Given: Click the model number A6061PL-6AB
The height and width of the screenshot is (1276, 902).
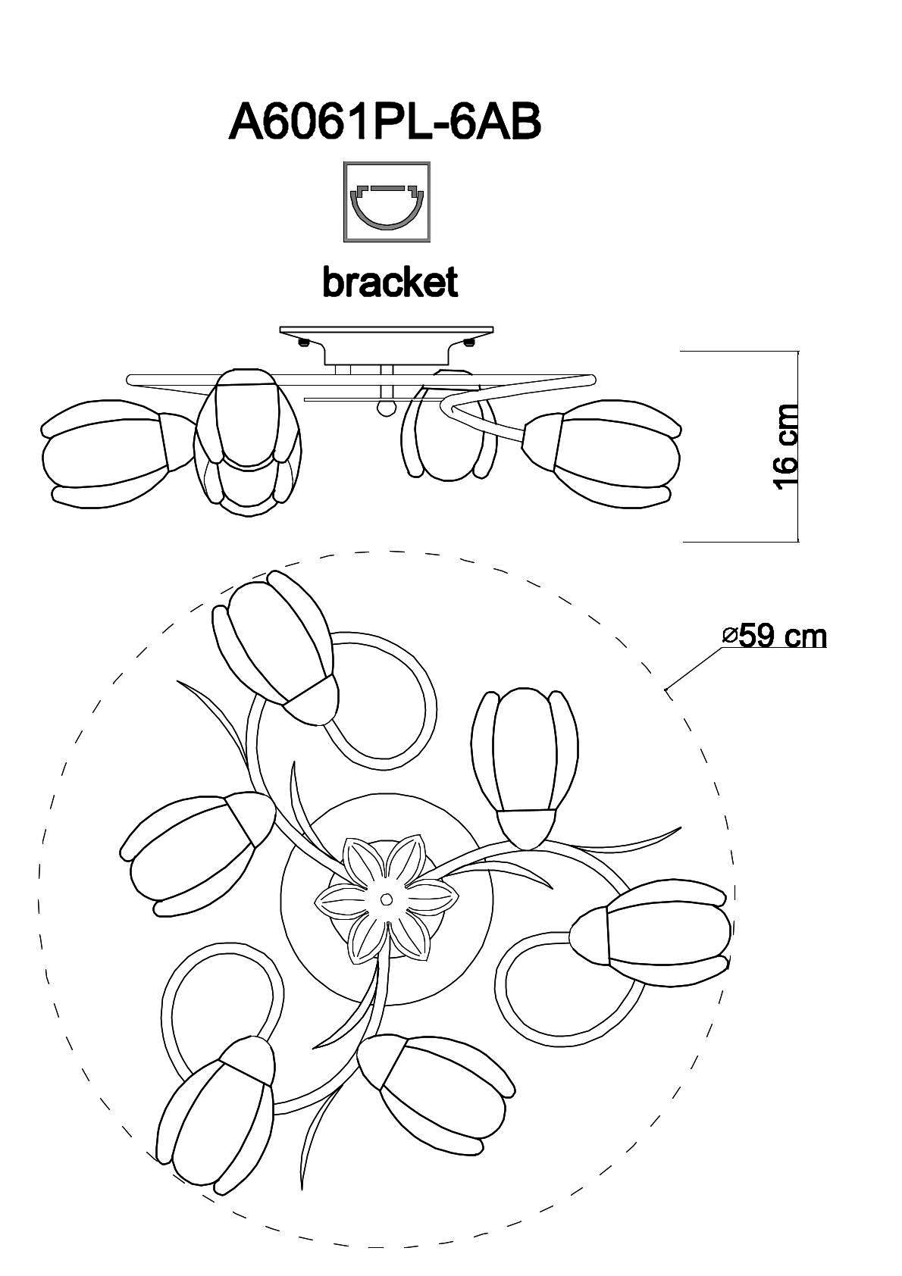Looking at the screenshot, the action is (x=384, y=123).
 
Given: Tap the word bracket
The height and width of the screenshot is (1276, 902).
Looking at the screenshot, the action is (x=390, y=282).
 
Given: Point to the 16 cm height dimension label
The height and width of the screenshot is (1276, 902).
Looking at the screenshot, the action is (x=785, y=447).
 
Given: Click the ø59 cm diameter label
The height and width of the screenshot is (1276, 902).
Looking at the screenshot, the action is (x=775, y=636).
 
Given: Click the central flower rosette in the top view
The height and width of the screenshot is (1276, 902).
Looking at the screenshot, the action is (x=387, y=899).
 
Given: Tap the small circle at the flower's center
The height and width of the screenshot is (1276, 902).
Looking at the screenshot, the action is (x=387, y=899).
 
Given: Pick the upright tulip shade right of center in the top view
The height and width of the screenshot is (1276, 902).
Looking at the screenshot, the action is (x=525, y=768).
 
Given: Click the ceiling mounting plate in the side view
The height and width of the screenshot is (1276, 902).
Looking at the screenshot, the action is (x=387, y=331).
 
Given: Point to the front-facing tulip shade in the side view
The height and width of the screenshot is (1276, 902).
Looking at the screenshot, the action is (x=249, y=443).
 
